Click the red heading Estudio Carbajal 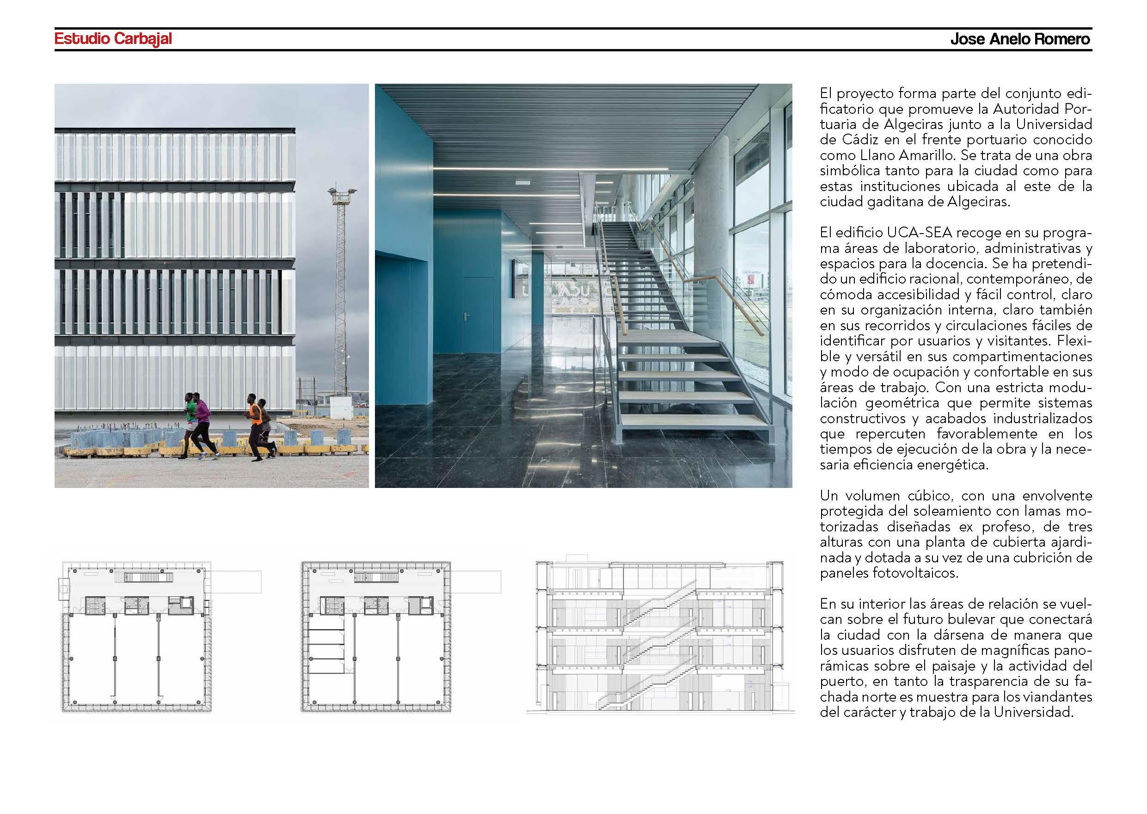[113, 39]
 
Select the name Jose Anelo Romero [1020, 40]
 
